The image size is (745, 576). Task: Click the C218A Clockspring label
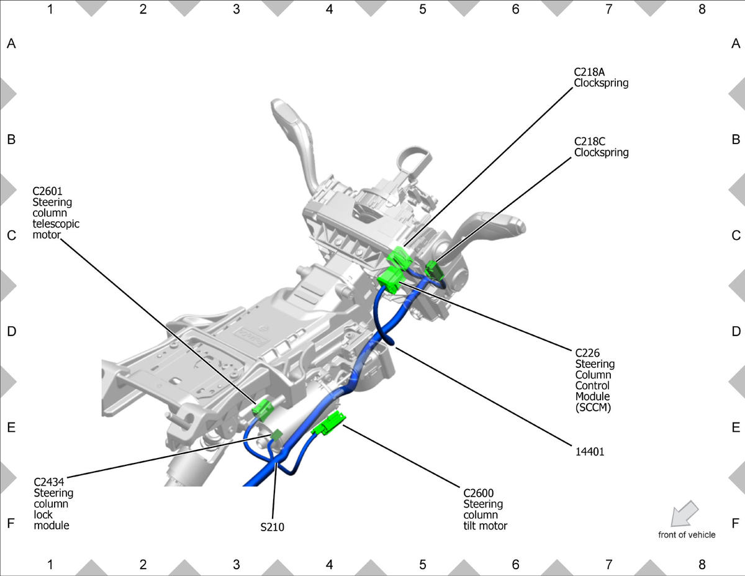[600, 77]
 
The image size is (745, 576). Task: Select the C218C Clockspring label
[600, 147]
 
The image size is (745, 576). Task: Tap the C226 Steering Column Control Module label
[595, 380]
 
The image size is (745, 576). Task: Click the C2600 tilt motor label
[485, 510]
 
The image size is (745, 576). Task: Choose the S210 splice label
[273, 527]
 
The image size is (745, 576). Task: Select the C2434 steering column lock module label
[53, 504]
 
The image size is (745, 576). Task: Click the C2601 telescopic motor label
[56, 213]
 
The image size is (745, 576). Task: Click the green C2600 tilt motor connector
[330, 423]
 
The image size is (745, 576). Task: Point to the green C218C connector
[434, 269]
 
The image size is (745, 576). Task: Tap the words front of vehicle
[687, 534]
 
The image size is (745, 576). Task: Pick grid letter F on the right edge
[736, 523]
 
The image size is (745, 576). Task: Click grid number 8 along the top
[702, 9]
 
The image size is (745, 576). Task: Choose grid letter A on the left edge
[11, 43]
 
